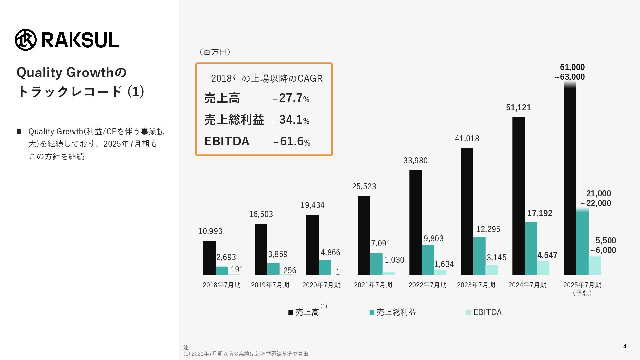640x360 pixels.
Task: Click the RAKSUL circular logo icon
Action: coord(26,40)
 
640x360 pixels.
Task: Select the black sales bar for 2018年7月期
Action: coord(209,258)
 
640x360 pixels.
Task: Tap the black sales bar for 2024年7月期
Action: coord(518,196)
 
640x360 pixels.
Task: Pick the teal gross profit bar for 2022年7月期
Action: coord(428,260)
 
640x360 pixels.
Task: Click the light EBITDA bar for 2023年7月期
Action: coord(492,270)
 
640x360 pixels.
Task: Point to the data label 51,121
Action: coord(518,108)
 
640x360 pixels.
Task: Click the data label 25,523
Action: coord(364,187)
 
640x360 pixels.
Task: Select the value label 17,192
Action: coord(540,213)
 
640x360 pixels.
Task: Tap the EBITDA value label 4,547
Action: coord(547,255)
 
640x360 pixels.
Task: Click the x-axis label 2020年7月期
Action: coord(321,285)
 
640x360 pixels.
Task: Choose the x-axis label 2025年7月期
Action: coord(582,285)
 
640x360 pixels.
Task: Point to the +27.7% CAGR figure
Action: coord(291,98)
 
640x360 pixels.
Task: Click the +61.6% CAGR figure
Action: coord(292,141)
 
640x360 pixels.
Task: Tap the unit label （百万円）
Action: coord(215,52)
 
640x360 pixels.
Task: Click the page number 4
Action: coord(625,346)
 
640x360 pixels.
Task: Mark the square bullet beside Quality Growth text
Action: coord(19,132)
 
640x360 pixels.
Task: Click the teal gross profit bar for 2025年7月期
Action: coord(582,242)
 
